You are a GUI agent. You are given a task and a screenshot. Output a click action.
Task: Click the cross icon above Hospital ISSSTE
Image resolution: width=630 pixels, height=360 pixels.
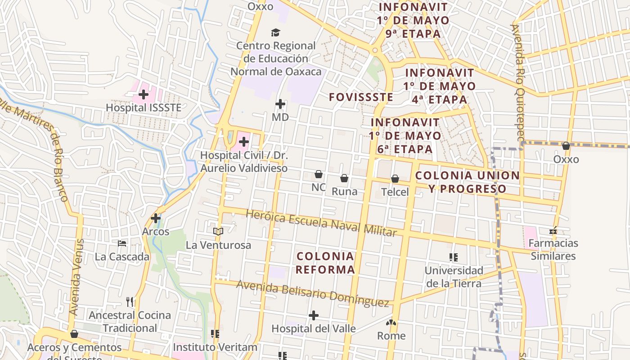coord(144,94)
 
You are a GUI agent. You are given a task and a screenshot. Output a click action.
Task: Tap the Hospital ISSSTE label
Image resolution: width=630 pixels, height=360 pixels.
coord(144,108)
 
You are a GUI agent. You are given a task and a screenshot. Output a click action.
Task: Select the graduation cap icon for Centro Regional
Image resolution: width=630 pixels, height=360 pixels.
coord(275,32)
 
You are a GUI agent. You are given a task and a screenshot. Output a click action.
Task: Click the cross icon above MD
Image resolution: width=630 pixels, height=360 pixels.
coord(280,104)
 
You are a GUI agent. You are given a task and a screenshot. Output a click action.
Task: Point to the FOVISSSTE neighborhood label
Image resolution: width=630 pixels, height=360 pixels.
coord(361,97)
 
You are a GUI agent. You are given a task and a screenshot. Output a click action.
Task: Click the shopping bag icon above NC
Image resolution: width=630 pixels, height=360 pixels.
coord(319,174)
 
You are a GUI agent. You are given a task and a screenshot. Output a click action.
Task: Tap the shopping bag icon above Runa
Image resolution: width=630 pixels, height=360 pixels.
coord(344,178)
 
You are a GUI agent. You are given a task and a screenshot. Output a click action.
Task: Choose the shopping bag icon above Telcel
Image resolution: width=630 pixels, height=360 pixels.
coord(395,179)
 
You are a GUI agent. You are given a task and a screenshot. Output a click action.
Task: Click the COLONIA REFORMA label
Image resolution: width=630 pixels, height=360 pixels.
coord(325,263)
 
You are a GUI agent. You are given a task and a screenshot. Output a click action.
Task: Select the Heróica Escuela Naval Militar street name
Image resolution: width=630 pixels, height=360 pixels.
coord(321,222)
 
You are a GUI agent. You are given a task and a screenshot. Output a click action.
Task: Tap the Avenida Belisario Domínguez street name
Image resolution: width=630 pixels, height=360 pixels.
coord(312,293)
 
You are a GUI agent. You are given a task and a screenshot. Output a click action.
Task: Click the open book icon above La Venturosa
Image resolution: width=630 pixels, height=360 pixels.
coord(218,231)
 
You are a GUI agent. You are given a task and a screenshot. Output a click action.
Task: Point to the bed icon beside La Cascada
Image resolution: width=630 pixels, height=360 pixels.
coord(122,243)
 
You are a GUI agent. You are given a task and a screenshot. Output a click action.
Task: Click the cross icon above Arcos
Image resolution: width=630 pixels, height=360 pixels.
coord(156,218)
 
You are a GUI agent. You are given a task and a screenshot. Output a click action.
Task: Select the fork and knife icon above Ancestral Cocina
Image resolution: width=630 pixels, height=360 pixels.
coord(130,301)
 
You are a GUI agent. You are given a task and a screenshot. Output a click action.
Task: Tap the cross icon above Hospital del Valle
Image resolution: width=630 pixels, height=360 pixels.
coord(314,315)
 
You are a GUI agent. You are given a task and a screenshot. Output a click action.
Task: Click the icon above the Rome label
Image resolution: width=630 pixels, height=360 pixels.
coord(391,322)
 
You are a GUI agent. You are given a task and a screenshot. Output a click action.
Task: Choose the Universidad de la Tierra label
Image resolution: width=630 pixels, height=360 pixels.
coord(454,277)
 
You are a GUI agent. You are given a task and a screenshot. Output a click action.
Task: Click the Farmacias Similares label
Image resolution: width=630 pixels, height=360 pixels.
coord(553,249)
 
